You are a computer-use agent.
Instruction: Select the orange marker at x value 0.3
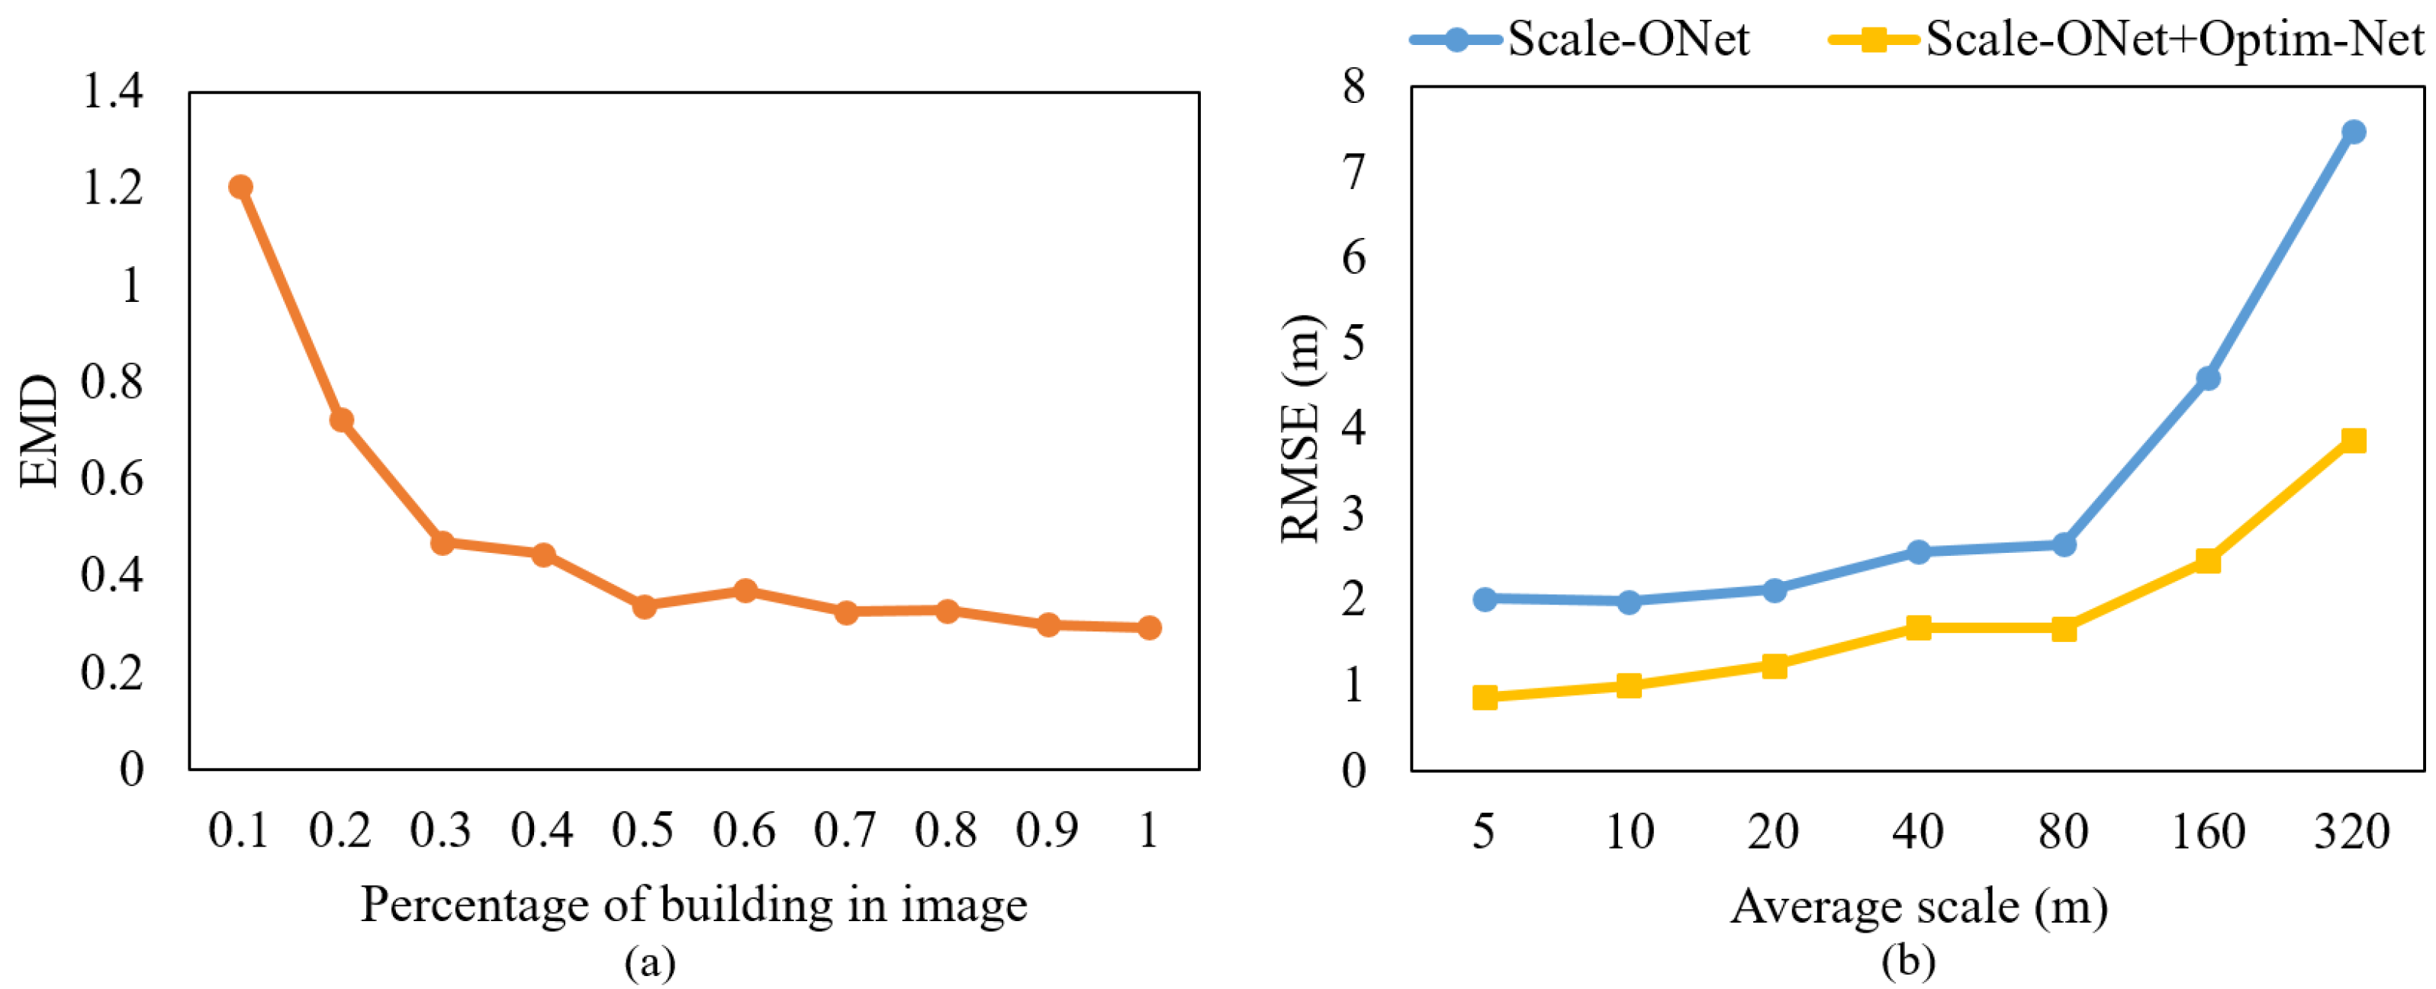pos(442,543)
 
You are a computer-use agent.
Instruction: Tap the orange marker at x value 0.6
pos(745,591)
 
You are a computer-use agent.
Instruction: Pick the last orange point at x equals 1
pos(1149,628)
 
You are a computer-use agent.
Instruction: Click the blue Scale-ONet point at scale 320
pos(2354,131)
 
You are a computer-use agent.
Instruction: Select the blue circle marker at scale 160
pos(2208,379)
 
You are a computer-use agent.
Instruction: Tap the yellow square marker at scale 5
pos(1485,698)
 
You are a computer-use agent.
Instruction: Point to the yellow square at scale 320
pos(2354,441)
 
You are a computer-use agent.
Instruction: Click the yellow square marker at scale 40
pos(1918,628)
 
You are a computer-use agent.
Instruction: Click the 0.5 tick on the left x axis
pos(643,831)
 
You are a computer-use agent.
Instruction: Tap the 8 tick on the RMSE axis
pos(1354,87)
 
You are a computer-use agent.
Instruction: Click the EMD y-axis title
pos(40,431)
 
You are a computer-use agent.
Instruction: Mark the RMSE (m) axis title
pos(1302,429)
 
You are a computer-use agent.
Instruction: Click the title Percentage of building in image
pos(693,905)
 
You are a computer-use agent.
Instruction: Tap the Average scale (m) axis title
pos(1919,907)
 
